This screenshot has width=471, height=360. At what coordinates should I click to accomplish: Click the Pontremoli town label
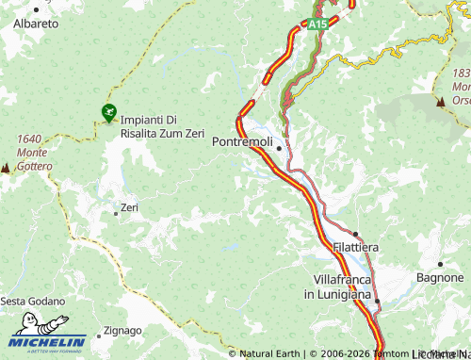pos(243,141)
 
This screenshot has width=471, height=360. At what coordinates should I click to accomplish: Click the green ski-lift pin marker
pos(109,113)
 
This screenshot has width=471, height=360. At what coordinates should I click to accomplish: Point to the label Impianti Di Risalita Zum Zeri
pos(162,126)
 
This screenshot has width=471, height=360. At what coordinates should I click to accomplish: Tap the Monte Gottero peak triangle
pos(6,167)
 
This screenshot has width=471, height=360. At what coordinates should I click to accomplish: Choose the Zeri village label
pos(130,207)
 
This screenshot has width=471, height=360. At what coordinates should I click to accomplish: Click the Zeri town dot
pos(116,213)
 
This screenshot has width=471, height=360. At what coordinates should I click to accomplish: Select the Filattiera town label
pos(356,246)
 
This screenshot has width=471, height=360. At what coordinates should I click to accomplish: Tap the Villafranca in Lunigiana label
pos(336,287)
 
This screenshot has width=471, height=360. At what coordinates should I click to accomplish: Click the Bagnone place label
pos(442,278)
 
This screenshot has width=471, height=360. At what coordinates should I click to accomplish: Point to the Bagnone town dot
pos(440,264)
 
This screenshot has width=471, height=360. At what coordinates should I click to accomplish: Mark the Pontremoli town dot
pos(279,147)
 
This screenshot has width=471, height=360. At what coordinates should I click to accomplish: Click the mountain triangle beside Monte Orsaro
pos(440,100)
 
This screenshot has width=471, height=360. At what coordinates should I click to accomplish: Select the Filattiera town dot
pos(356,234)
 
